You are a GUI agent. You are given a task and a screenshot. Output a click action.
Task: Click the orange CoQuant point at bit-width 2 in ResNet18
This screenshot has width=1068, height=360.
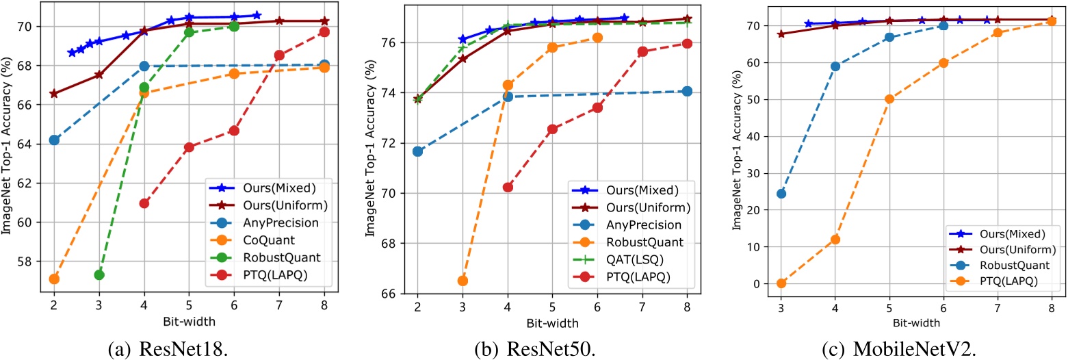point(54,279)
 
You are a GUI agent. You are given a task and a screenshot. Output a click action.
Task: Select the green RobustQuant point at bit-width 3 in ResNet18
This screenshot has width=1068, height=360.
point(99,274)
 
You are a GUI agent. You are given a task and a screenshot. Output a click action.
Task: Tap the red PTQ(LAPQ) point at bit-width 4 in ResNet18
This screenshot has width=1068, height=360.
point(144,203)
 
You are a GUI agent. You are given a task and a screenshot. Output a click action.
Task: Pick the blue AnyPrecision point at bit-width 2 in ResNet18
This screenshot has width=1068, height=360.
point(54,140)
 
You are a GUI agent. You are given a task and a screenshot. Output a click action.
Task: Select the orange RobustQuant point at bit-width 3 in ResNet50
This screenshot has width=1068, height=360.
point(463,281)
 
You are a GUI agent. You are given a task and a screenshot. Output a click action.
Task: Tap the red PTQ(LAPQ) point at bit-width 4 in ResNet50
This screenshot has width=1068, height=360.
point(508,187)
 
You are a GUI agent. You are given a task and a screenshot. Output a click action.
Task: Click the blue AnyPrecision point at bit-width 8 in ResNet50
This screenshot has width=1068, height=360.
point(687,91)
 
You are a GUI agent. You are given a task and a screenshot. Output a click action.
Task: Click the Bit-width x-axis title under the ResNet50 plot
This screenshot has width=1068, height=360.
point(552,322)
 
